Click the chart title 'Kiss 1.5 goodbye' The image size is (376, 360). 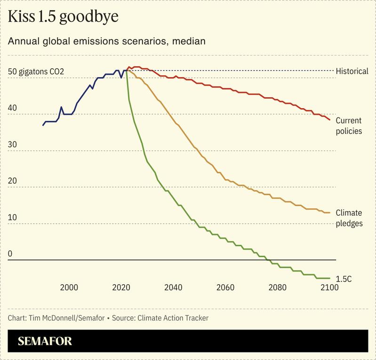63,17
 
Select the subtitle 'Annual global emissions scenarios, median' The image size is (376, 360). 107,41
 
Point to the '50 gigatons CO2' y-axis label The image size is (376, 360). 36,72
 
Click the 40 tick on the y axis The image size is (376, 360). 13,108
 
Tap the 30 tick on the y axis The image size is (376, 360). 13,145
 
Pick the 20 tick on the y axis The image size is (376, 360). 13,181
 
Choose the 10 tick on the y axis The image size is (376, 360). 13,218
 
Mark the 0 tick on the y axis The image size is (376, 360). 10,254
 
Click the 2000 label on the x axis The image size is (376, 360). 69,287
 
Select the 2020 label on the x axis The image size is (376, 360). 121,287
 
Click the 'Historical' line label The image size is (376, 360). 352,71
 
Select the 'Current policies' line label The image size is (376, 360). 349,126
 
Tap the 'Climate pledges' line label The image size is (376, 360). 349,218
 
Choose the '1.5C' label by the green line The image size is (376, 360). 344,279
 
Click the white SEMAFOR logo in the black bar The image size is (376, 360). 45,341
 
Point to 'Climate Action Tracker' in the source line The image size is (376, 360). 173,318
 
